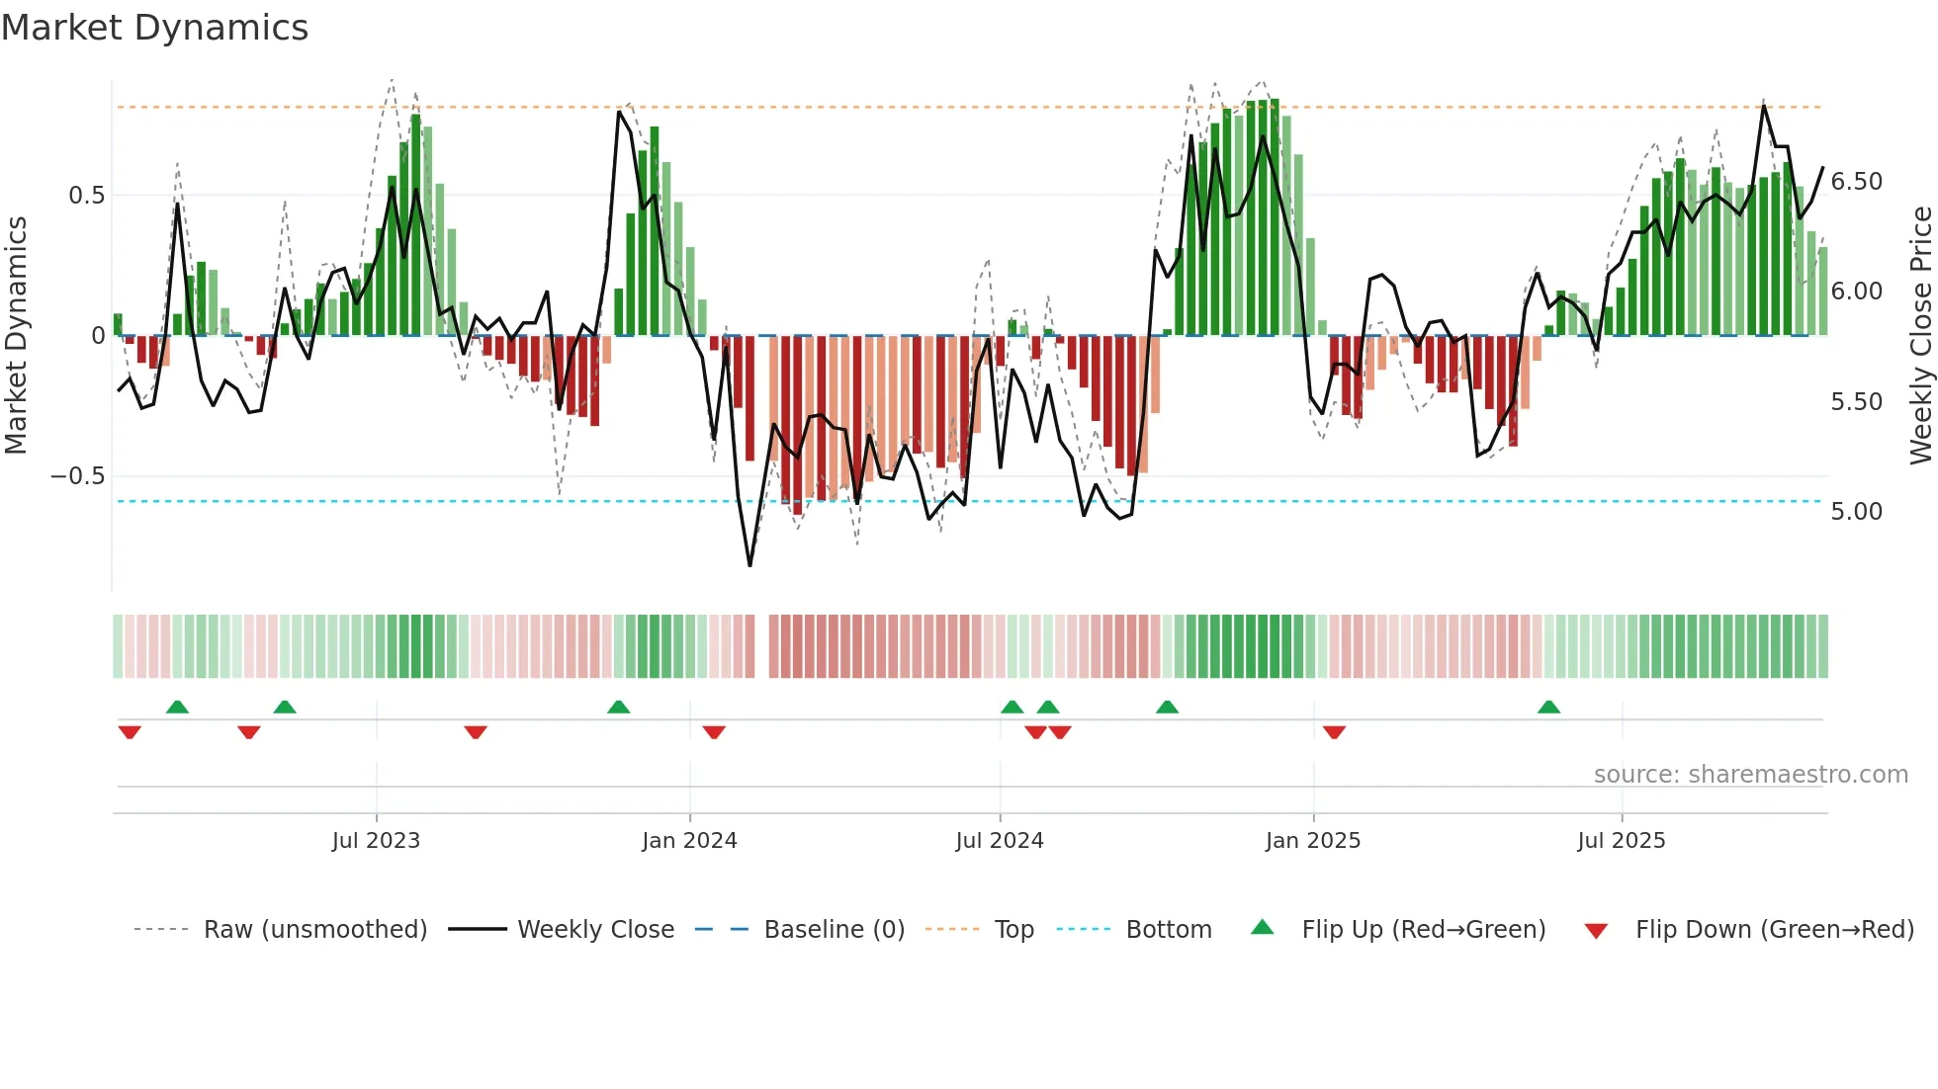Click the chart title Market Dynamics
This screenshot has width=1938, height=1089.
(154, 28)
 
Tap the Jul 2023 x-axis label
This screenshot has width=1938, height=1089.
(376, 841)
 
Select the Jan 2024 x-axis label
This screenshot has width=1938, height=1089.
(689, 841)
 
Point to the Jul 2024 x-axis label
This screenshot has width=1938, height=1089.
(1000, 841)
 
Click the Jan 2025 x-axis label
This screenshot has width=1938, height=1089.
(1313, 841)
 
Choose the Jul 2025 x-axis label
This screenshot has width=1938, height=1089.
(1622, 841)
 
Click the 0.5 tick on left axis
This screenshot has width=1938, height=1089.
(86, 196)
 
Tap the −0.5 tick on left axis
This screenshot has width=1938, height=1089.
(78, 476)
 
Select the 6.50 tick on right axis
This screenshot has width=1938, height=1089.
(1856, 182)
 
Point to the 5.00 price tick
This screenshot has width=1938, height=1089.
(1856, 512)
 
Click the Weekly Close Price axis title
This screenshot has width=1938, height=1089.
(1921, 335)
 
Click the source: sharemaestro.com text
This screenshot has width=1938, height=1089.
(1750, 775)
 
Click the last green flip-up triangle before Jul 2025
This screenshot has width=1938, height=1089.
(1548, 708)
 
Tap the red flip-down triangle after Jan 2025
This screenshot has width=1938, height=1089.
(1334, 732)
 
